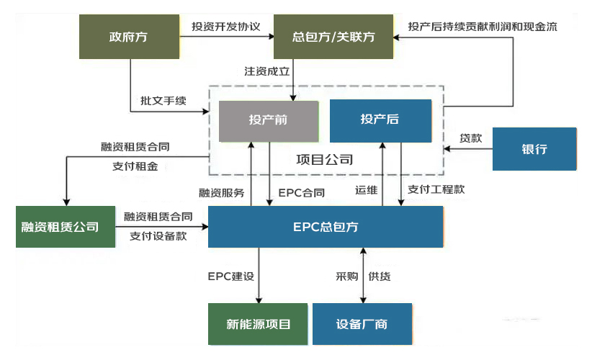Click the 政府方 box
tap(129, 36)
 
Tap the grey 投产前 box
tap(268, 120)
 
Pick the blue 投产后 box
tap(380, 120)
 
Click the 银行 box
tap(534, 149)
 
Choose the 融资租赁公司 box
tap(66, 227)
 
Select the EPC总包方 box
tap(326, 227)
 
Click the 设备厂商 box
tap(362, 324)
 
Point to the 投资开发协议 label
tap(225, 27)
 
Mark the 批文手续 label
tap(163, 101)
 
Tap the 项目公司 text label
tap(325, 159)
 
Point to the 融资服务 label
tap(221, 193)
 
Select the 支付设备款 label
tap(158, 235)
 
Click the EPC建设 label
tap(232, 276)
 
